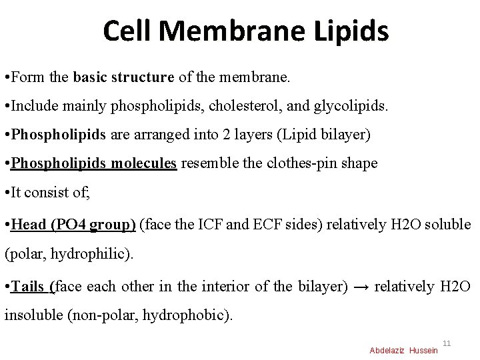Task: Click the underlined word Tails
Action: click(x=28, y=286)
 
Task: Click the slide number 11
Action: click(x=447, y=343)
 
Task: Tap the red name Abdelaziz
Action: click(x=387, y=351)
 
